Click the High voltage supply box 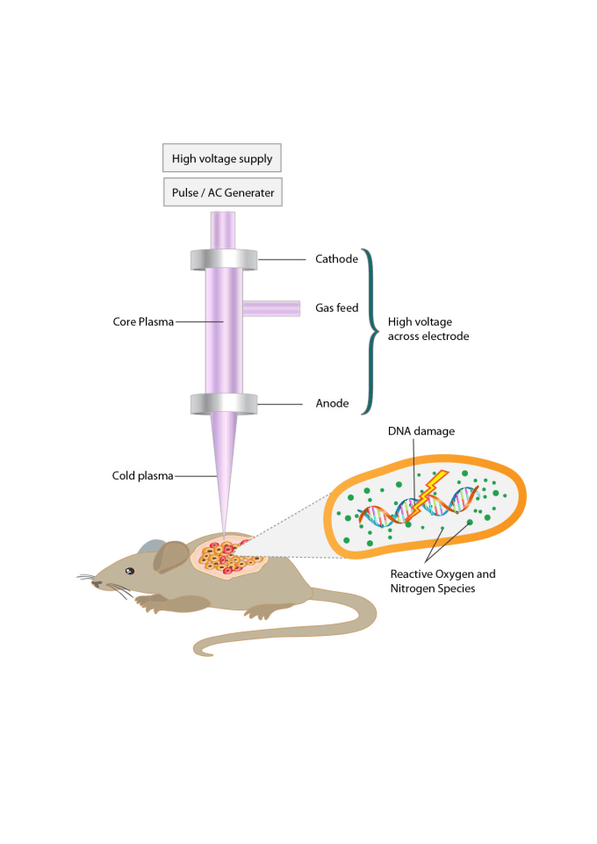point(222,158)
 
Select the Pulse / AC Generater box point(223,192)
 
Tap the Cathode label point(336,259)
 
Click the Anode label point(333,403)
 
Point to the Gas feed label point(336,308)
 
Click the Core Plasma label point(143,322)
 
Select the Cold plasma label point(142,476)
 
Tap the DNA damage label point(421,431)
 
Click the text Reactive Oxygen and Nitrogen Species point(442,581)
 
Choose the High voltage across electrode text point(428,328)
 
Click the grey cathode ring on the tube point(224,259)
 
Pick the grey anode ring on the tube point(224,404)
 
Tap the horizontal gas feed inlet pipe point(271,309)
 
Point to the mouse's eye point(130,571)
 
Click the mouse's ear point(171,557)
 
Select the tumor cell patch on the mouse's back point(228,557)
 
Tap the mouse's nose point(94,583)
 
